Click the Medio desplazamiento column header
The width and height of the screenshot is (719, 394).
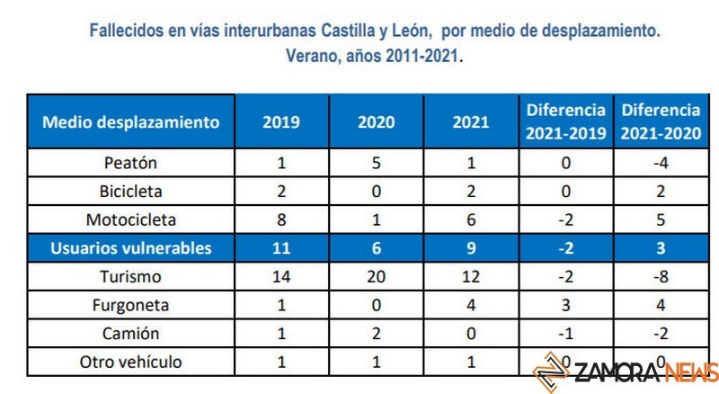coord(131,121)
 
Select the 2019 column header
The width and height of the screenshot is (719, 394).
coord(281,121)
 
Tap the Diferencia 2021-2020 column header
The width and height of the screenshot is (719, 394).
coord(661,121)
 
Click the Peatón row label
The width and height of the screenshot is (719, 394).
coord(131,163)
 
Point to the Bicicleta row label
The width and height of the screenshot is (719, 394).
coord(131,192)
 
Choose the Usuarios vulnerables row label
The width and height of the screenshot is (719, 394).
coord(131,248)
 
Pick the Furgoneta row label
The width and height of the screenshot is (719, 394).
coord(131,305)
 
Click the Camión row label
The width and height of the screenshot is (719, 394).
coord(131,333)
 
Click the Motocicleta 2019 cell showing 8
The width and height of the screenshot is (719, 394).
coord(281,220)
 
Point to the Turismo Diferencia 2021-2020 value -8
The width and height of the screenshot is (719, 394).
coord(661,277)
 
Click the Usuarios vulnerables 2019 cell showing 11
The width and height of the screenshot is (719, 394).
coord(281,248)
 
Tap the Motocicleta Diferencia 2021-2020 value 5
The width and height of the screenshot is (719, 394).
coord(661,220)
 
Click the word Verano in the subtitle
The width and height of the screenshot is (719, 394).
coord(311,55)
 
